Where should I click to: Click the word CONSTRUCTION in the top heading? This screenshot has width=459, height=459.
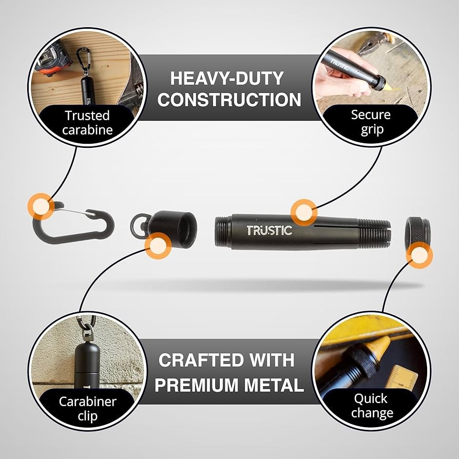click(x=229, y=100)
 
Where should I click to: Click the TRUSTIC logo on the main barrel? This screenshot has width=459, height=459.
click(x=269, y=231)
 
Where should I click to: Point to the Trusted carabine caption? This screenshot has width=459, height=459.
click(x=87, y=122)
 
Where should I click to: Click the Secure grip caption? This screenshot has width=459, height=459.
click(x=371, y=122)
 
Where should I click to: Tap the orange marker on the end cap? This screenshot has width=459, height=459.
click(x=158, y=246)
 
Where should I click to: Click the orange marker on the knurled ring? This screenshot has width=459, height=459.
click(x=419, y=254)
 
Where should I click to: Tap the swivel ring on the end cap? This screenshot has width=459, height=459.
click(x=137, y=224)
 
